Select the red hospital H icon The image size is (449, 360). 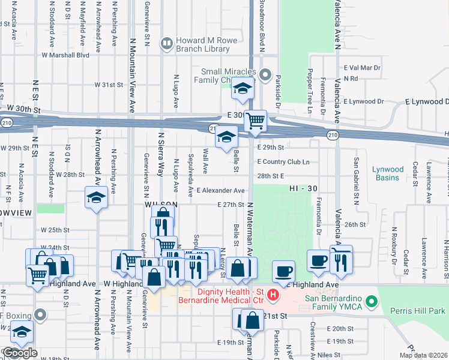(x=273, y=295)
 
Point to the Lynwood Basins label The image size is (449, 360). (x=388, y=173)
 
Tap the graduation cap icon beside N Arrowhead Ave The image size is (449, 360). (x=96, y=199)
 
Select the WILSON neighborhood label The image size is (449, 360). (x=160, y=205)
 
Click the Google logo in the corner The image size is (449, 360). (x=19, y=353)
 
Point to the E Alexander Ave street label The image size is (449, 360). (x=220, y=190)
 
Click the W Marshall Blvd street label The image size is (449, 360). (x=65, y=55)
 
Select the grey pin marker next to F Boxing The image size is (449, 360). (x=40, y=314)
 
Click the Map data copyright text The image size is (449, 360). (x=423, y=355)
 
